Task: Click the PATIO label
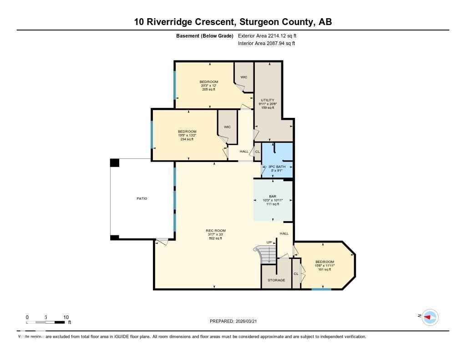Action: click(142, 198)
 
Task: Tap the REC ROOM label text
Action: click(215, 231)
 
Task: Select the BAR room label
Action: click(273, 197)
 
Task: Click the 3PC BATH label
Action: click(277, 167)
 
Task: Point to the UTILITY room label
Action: click(267, 100)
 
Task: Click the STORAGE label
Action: click(276, 280)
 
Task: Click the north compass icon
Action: click(430, 317)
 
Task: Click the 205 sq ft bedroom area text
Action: click(209, 89)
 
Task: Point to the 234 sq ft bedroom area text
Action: click(187, 139)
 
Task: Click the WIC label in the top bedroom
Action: click(244, 77)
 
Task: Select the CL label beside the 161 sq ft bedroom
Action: click(296, 274)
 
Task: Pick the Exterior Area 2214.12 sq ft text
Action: click(267, 35)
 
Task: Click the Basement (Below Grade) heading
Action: click(205, 35)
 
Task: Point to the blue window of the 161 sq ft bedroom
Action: click(321, 289)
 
